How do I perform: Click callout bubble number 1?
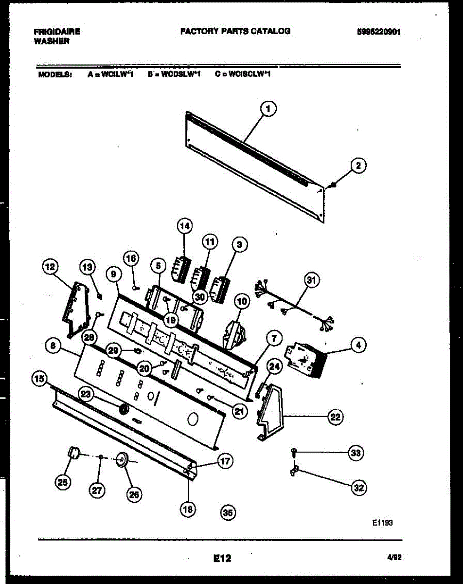(x=267, y=110)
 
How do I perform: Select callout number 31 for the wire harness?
(x=311, y=280)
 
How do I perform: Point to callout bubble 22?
(x=335, y=417)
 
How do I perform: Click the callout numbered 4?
(x=358, y=346)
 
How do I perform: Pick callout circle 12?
(x=50, y=266)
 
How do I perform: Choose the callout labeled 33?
(x=356, y=453)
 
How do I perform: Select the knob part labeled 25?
(x=73, y=454)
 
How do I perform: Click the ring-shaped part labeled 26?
(x=121, y=458)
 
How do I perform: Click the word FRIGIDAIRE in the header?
(x=57, y=32)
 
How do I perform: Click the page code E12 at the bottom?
(x=222, y=559)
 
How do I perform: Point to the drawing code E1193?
(x=382, y=523)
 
